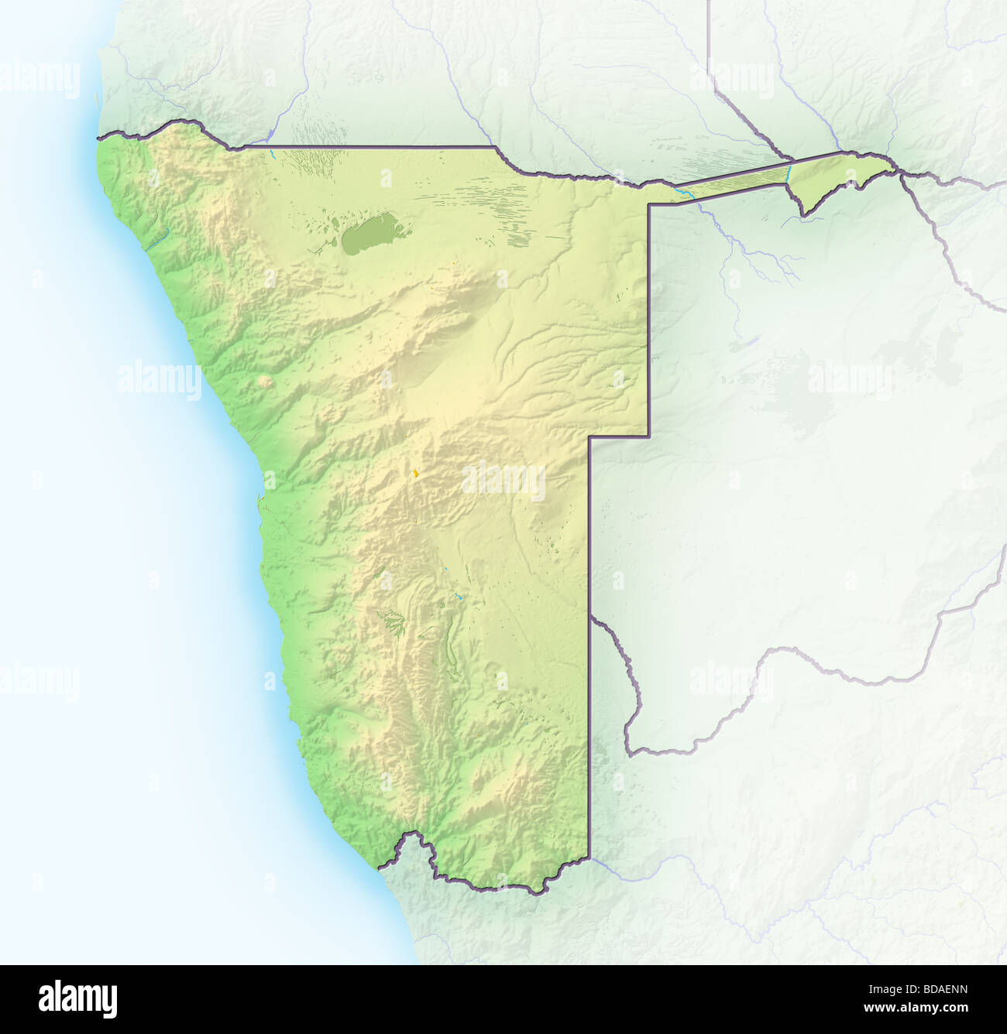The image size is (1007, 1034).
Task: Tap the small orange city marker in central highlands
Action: (x=416, y=472)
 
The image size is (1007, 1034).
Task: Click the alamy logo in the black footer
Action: (x=77, y=998)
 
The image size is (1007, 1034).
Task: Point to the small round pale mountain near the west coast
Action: (x=266, y=382)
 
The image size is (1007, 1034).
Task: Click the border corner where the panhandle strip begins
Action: (x=649, y=204)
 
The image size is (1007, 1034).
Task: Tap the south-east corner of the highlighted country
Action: (x=589, y=858)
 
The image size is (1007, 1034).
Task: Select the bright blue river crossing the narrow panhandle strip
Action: (x=787, y=172)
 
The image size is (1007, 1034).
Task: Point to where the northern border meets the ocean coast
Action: (x=98, y=139)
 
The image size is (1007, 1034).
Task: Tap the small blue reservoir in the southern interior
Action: (x=459, y=597)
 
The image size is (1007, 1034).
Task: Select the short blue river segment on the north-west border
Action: (x=273, y=153)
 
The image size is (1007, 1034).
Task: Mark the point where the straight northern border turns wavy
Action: (x=496, y=147)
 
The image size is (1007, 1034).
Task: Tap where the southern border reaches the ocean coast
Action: (x=380, y=868)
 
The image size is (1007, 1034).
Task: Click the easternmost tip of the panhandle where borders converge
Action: (x=897, y=169)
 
